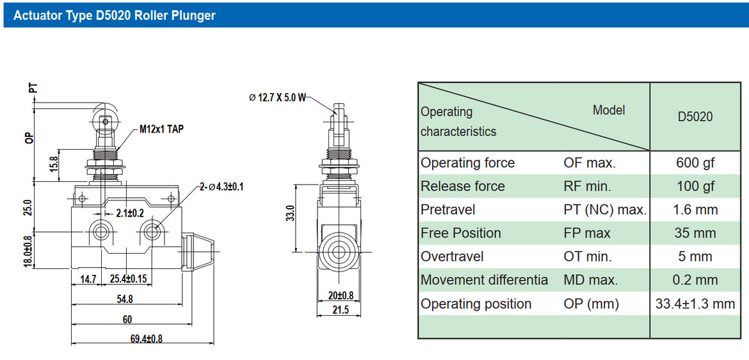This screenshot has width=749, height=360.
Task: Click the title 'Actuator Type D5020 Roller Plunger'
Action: coord(115,15)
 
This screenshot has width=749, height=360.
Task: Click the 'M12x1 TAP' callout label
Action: coord(161,129)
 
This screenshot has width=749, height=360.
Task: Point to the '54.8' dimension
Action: coord(124,299)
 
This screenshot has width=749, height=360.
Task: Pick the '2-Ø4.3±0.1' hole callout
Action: coord(221,186)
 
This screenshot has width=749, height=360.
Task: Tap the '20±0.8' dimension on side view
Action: coord(340,295)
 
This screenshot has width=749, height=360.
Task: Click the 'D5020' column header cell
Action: coord(695,117)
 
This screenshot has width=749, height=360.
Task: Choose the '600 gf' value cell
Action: coord(695,163)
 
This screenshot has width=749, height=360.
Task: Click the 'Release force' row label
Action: coord(462,186)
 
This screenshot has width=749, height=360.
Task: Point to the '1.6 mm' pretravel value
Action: coord(695,210)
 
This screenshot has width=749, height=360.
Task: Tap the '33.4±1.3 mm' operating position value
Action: coord(695,304)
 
